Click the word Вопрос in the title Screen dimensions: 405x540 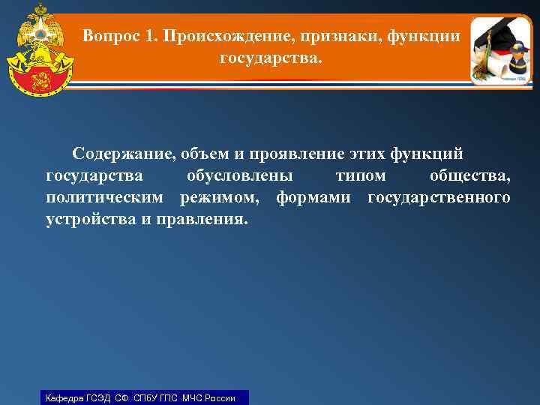coord(109,35)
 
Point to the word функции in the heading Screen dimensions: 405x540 coord(427,35)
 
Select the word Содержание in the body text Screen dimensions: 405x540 coord(121,154)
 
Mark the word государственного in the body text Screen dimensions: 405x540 coord(439,198)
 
